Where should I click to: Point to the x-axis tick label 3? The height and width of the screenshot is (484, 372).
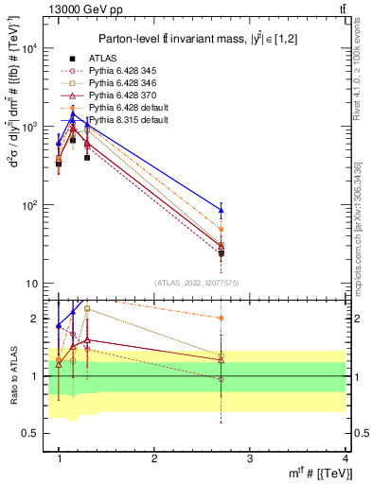(x=249, y=458)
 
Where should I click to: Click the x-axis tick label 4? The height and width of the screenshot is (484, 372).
(x=345, y=458)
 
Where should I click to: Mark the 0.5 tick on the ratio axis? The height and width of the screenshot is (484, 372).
(x=33, y=433)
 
